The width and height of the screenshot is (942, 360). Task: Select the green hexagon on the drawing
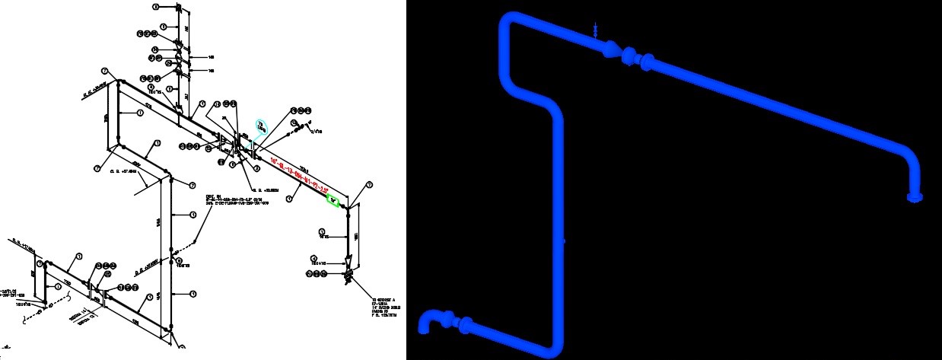(333, 199)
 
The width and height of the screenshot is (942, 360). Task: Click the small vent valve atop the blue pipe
(596, 30)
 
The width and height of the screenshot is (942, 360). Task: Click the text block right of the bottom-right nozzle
(384, 304)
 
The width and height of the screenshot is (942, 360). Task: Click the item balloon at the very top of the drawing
(155, 6)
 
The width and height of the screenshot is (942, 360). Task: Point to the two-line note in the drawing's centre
(237, 201)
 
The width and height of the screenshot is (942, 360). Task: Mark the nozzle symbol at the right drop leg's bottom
(348, 276)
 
